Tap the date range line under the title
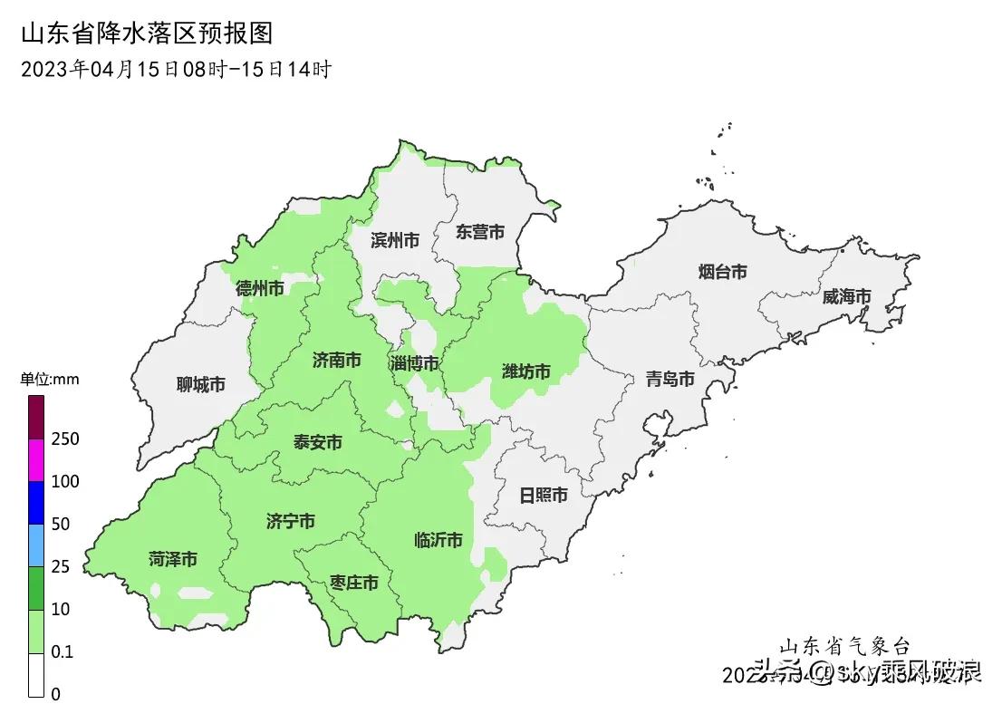[176, 69]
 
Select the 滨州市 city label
[395, 240]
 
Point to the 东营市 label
[480, 232]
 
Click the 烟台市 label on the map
[723, 271]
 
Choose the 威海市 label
[846, 296]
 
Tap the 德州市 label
[259, 288]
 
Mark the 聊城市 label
[200, 385]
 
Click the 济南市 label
[336, 361]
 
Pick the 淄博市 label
[414, 363]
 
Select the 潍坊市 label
[526, 371]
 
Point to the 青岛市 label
[670, 379]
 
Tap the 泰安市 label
[317, 442]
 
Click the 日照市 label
[544, 496]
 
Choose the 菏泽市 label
[173, 559]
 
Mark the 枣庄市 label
[353, 583]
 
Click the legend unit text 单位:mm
[50, 380]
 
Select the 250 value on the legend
[66, 439]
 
